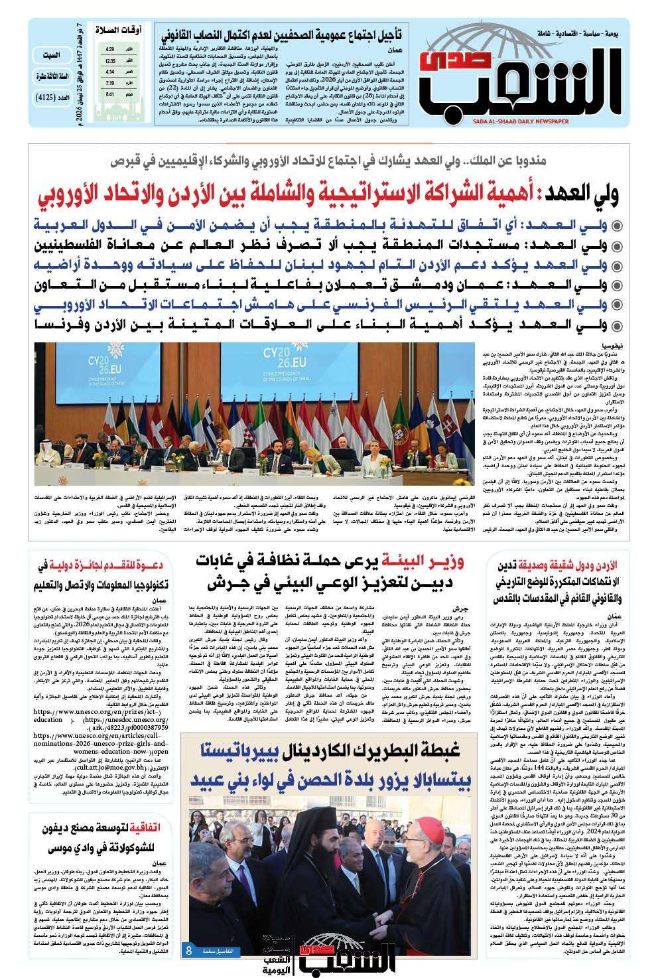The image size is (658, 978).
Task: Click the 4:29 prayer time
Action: click(109, 50)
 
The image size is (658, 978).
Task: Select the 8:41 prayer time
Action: click(109, 94)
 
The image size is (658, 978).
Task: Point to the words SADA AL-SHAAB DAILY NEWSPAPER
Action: click(579, 122)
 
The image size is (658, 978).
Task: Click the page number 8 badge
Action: click(189, 950)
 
